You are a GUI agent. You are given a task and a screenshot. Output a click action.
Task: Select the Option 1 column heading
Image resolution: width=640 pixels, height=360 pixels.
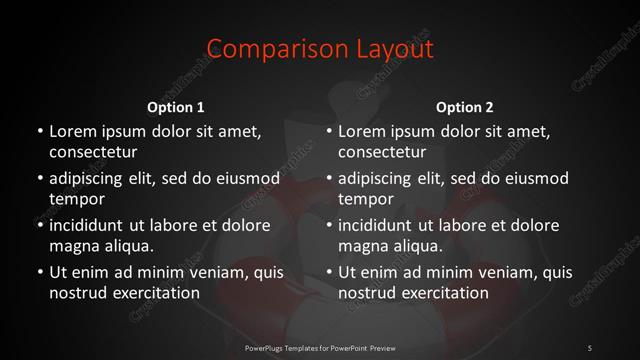click(176, 107)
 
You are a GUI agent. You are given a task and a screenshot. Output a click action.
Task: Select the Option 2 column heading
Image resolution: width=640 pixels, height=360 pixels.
click(464, 107)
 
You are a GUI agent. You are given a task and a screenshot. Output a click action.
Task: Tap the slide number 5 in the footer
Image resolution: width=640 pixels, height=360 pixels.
click(589, 347)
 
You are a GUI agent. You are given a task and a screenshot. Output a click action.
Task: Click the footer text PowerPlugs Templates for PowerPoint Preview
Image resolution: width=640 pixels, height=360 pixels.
click(320, 347)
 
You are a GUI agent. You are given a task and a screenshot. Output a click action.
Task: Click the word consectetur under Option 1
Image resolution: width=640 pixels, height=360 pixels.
click(93, 153)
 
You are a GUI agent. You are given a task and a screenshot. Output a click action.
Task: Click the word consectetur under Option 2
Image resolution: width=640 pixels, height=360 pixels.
click(383, 153)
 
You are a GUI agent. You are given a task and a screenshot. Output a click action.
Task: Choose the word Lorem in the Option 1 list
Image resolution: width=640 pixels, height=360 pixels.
click(72, 131)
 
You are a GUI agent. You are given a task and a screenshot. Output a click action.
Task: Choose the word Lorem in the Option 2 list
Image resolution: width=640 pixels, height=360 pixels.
click(362, 131)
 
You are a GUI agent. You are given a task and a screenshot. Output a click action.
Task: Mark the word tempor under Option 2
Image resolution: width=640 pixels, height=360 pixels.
click(366, 199)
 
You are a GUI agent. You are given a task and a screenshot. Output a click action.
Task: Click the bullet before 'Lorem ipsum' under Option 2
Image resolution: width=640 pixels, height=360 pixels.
click(329, 132)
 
